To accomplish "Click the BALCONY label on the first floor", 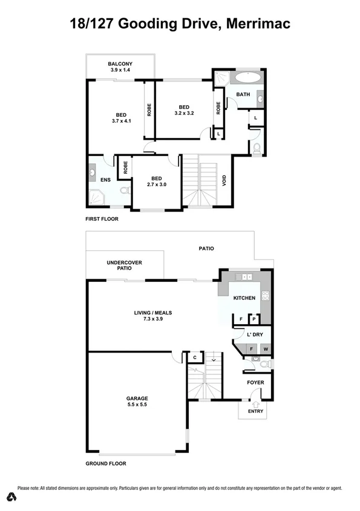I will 120,63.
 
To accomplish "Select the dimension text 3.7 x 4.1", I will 121,121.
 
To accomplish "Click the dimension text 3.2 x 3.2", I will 184,113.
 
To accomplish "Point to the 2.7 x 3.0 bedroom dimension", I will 157,185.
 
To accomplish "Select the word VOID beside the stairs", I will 224,180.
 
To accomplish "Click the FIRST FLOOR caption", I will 102,219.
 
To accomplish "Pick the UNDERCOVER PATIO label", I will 124,265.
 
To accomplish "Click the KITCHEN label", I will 244,298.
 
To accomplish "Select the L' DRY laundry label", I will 254,334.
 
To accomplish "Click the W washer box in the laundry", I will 265,348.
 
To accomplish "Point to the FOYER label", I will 255,382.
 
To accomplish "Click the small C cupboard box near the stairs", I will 194,358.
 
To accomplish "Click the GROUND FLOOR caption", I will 106,463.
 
